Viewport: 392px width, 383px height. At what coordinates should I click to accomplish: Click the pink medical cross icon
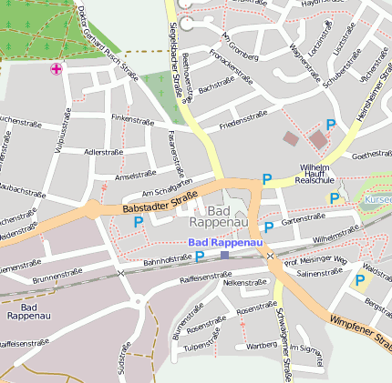(57, 69)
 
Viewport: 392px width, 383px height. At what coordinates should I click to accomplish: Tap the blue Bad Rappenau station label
(225, 243)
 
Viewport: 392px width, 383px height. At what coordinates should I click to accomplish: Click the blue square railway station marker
(225, 255)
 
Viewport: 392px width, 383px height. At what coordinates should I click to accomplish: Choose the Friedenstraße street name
(243, 116)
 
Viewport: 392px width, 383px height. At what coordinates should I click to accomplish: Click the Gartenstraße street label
(303, 218)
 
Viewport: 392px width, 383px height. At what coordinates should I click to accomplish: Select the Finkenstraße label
(132, 119)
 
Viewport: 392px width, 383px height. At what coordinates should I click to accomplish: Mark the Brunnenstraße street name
(57, 274)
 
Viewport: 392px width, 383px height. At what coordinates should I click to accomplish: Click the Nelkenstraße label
(244, 282)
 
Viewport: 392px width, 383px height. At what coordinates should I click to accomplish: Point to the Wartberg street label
(262, 345)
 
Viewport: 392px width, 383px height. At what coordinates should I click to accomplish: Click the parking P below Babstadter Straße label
(139, 221)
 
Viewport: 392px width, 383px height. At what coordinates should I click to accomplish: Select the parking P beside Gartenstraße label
(268, 227)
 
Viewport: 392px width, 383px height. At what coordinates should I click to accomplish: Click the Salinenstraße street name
(319, 272)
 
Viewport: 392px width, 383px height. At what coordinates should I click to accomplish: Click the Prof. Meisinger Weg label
(316, 261)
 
